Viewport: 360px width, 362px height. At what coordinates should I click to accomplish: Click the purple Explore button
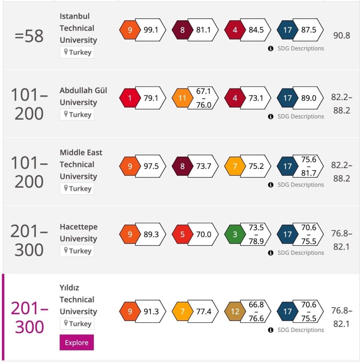click(77, 342)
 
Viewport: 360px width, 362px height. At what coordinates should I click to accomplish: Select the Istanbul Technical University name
click(78, 28)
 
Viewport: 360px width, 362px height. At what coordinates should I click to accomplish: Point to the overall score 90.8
click(341, 35)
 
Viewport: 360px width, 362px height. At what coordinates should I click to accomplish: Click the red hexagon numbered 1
click(129, 98)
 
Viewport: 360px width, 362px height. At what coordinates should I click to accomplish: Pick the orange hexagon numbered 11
click(182, 98)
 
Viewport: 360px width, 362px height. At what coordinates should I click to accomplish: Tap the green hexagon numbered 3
click(234, 234)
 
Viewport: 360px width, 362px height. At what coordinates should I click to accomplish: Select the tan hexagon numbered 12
click(234, 311)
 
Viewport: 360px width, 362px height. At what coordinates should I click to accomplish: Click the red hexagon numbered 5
click(182, 234)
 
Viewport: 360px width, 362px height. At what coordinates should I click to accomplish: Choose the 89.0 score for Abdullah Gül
click(308, 98)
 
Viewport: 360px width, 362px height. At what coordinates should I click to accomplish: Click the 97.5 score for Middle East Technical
click(151, 166)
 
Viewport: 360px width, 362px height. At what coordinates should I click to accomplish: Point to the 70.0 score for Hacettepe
click(203, 234)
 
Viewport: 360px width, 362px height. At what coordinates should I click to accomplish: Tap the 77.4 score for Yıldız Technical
click(203, 311)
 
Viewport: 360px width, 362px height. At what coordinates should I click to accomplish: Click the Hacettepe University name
click(78, 233)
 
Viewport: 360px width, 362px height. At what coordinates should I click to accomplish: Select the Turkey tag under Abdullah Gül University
click(77, 114)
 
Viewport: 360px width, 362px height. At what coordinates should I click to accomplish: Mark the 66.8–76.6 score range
click(256, 311)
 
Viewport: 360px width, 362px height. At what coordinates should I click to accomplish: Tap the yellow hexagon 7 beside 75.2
click(234, 166)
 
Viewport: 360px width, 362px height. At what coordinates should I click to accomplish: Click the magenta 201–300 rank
click(29, 318)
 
